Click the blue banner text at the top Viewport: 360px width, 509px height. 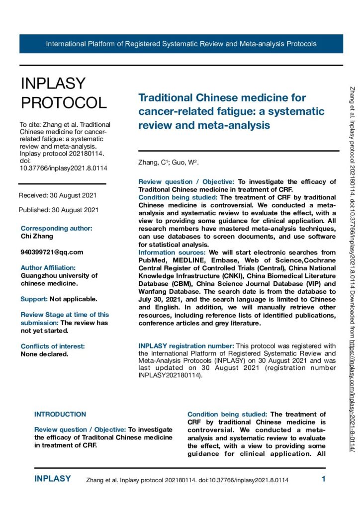(x=181, y=44)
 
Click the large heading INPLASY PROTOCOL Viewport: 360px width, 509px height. (x=63, y=93)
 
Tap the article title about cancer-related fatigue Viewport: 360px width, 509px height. (x=231, y=111)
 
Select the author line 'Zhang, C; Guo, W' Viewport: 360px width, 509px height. (x=169, y=163)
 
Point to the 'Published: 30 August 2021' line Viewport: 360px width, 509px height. (x=58, y=210)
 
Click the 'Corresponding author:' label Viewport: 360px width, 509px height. (x=56, y=229)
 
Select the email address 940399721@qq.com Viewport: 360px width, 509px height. (x=52, y=252)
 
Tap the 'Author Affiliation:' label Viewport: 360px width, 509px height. (x=48, y=268)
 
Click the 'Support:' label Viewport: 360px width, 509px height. (x=34, y=299)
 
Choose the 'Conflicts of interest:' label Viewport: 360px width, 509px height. (x=52, y=346)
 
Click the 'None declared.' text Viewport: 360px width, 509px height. (x=44, y=354)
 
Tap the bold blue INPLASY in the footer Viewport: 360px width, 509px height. (x=52, y=479)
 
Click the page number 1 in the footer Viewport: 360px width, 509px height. (x=323, y=479)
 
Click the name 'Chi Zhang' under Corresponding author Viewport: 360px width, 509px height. (x=36, y=237)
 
